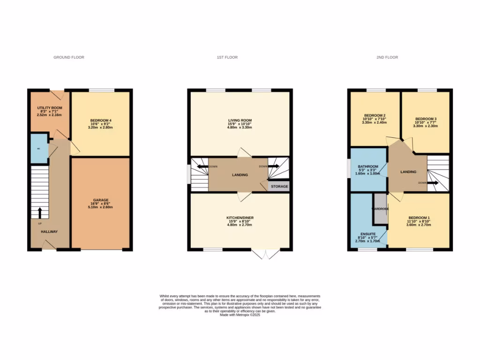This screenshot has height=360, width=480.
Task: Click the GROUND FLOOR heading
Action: [x=68, y=57]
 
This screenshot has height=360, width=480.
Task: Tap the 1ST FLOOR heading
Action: [x=227, y=57]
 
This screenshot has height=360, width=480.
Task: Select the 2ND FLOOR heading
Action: [x=387, y=57]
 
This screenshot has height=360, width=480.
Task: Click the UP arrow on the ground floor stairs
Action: [x=39, y=212]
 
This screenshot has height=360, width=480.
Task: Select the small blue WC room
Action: [x=39, y=149]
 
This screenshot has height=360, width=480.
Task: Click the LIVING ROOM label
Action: [x=240, y=120]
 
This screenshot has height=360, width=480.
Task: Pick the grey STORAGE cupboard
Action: [x=278, y=186]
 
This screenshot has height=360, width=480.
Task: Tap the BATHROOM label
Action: [x=368, y=166]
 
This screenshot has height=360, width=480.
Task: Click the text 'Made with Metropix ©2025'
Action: [x=240, y=315]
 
